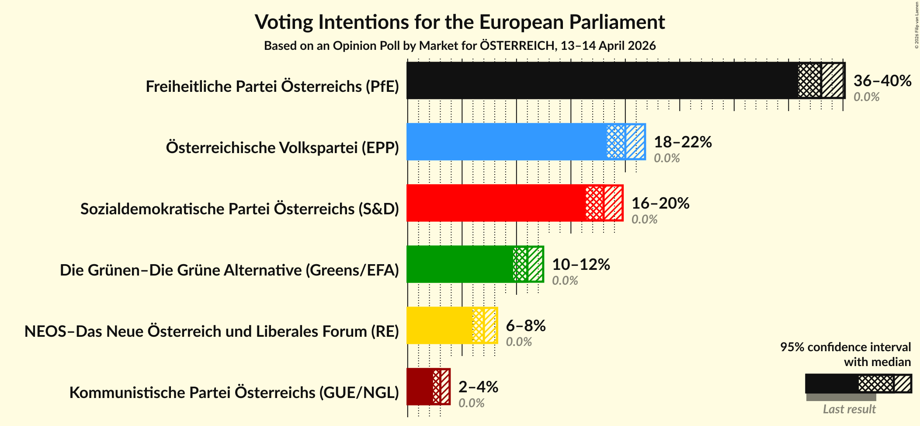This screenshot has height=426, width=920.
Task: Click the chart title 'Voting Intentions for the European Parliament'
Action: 459,22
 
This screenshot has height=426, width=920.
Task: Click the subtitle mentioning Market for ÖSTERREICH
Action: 459,46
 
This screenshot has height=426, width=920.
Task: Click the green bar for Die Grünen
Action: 459,264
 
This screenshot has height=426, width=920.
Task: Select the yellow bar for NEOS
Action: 439,325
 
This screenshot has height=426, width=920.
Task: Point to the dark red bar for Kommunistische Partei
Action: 420,387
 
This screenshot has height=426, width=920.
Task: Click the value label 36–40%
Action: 882,81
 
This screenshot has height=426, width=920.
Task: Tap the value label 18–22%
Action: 683,142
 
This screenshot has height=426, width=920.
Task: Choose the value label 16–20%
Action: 660,203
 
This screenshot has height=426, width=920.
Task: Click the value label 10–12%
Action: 581,265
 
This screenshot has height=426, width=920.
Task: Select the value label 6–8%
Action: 526,326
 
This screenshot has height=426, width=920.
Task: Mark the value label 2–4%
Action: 478,387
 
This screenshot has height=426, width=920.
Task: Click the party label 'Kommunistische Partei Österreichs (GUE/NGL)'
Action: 234,393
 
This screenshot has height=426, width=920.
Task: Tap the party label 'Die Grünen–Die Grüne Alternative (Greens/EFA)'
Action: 229,270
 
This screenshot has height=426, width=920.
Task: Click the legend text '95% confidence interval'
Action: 845,347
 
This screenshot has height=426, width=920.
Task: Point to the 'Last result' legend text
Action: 849,409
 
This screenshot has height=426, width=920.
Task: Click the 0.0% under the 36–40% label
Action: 866,97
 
